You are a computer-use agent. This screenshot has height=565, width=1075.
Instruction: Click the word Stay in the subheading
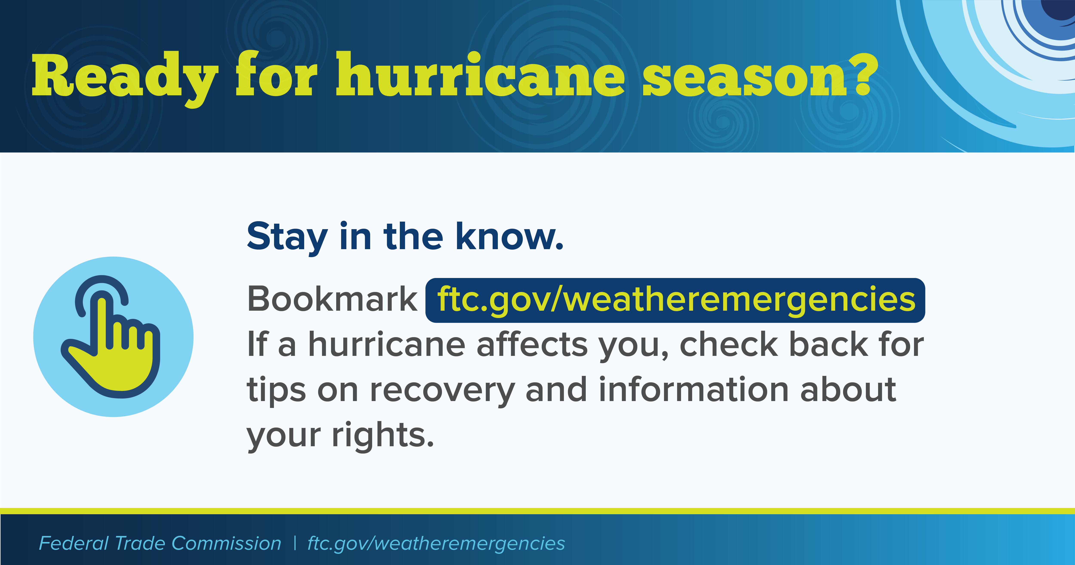[x=287, y=238]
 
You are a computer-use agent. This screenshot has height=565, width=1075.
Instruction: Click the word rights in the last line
[x=383, y=435]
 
